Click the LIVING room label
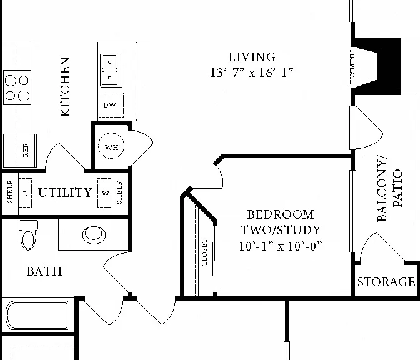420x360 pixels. pos(252,57)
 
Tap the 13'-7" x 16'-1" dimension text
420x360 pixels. pos(252,72)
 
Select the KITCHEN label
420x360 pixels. pos(65,87)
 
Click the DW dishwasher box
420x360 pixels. pos(111,105)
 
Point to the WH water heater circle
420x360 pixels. pos(111,146)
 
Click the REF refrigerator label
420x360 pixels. pos(26,151)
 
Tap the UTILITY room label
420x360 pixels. pos(65,192)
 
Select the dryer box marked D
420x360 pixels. pos(25,193)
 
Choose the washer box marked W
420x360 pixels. pos(104,193)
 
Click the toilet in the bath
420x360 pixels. pos(28,235)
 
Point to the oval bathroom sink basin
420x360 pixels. pos(94,235)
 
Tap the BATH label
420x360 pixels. pos(44,271)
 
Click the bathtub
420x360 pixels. pos(37,315)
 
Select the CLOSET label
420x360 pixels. pos(204,252)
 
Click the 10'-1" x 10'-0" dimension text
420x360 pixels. pos(281,246)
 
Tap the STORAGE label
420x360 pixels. pos(386,282)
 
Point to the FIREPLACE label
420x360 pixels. pos(352,67)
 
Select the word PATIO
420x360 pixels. pos(397,188)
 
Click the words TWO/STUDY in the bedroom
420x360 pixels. pos(281,230)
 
